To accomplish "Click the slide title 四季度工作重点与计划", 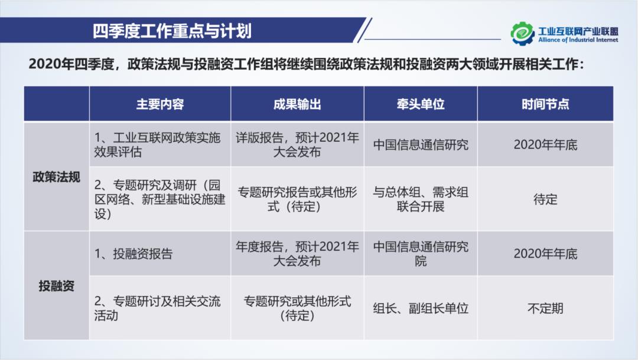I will point(172,31).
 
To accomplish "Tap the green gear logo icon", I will point(522,33).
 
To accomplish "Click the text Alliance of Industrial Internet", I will point(578,40).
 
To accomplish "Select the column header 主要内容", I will point(160,105).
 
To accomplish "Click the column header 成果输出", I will point(297,105).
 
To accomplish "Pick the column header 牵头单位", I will point(421,105).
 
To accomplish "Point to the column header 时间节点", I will point(545,105).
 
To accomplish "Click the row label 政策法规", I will point(56,177).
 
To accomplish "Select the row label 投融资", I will point(56,286).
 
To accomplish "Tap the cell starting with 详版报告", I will point(297,145).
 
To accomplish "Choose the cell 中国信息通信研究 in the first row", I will point(421,145).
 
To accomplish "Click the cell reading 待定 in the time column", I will point(545,199).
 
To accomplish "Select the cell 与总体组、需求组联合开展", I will point(421,199).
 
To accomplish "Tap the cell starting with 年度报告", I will point(297,254).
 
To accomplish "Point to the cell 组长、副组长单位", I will point(421,308).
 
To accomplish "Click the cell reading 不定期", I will point(545,308).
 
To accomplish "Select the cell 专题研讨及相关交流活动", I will point(157,308).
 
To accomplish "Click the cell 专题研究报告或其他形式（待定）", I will point(297,199).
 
